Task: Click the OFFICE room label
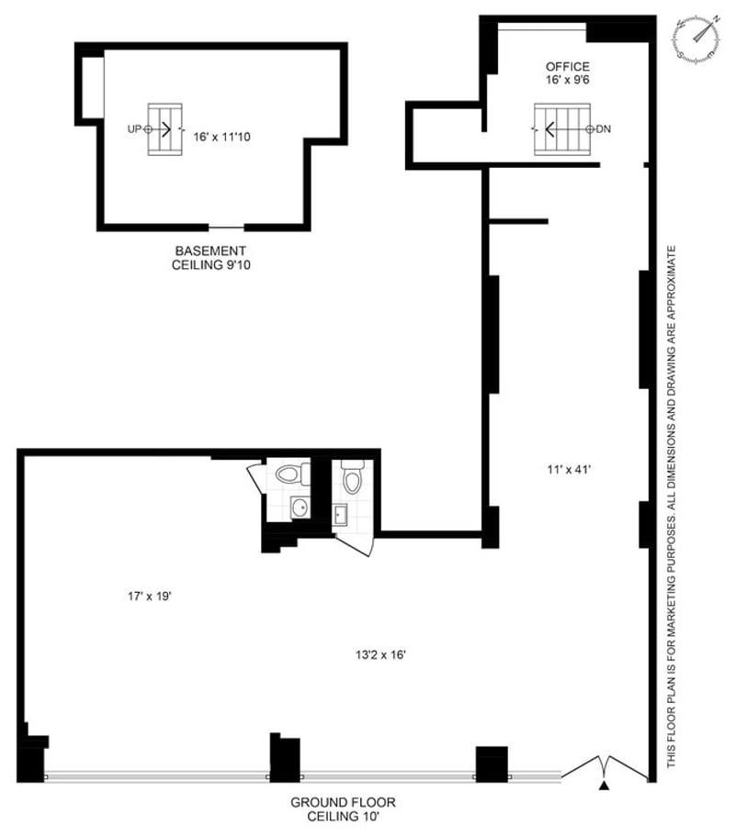pos(568,67)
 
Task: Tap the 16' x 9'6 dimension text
pos(568,80)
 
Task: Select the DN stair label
pos(604,129)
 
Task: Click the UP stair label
pos(134,129)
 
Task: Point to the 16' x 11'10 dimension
pos(221,137)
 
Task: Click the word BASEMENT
pos(210,251)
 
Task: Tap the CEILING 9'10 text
pos(211,264)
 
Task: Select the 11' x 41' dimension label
pos(569,470)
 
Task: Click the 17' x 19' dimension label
pos(149,597)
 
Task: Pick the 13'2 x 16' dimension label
pos(381,654)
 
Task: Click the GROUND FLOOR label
pos(344,802)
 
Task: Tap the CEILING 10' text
pos(344,816)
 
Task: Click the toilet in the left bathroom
pos(292,474)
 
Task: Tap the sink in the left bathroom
pos(300,507)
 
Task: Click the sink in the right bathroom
pos(339,515)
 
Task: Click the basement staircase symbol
pos(165,129)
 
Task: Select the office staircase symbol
pos(562,129)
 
